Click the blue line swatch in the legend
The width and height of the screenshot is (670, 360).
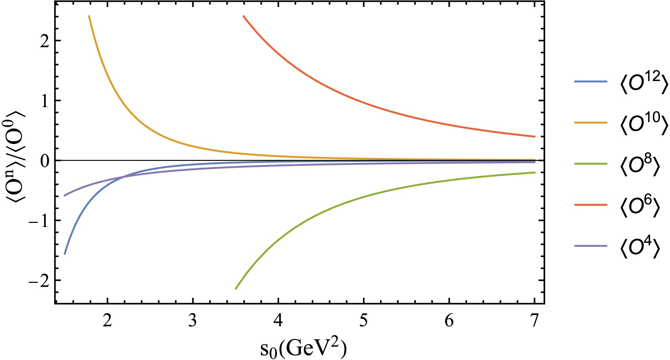coord(590,82)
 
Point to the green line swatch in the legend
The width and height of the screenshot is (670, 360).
coord(590,164)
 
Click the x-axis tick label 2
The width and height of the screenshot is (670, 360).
coord(107,321)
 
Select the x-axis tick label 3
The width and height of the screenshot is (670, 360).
coord(193,321)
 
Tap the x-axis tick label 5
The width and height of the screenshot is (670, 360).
coord(363,321)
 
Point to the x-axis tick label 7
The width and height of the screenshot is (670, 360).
coord(534,321)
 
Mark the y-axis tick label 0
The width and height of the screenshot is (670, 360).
coord(45,161)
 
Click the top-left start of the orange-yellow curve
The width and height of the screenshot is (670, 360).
coord(89,16)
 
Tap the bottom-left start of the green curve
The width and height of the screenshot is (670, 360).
coord(236,288)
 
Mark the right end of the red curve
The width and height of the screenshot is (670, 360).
coord(535,136)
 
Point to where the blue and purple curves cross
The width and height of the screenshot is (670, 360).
coord(123,177)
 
